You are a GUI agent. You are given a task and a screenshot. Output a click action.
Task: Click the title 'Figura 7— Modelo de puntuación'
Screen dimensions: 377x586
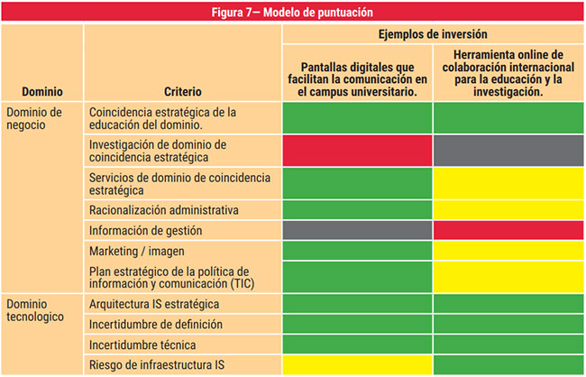tap(293, 12)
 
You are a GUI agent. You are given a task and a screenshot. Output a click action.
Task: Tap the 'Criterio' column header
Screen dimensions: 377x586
tap(183, 91)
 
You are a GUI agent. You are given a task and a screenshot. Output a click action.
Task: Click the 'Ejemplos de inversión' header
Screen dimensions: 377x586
tap(434, 33)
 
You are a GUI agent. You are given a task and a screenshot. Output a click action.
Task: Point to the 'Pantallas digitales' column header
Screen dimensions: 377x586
tap(358, 79)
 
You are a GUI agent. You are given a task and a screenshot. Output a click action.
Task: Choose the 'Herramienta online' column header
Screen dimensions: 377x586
tap(508, 73)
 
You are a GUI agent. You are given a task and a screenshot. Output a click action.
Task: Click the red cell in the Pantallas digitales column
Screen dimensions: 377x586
tap(358, 151)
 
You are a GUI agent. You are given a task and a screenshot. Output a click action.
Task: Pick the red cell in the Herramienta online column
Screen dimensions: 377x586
tap(508, 231)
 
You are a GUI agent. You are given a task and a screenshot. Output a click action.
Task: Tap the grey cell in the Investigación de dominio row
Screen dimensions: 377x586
tap(508, 151)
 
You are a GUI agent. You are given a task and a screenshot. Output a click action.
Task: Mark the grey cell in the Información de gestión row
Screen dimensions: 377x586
tap(358, 231)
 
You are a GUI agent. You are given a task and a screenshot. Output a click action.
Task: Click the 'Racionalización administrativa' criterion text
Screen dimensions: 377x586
tap(164, 210)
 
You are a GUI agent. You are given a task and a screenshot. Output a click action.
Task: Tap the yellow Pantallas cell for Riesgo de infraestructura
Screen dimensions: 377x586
tap(358, 364)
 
